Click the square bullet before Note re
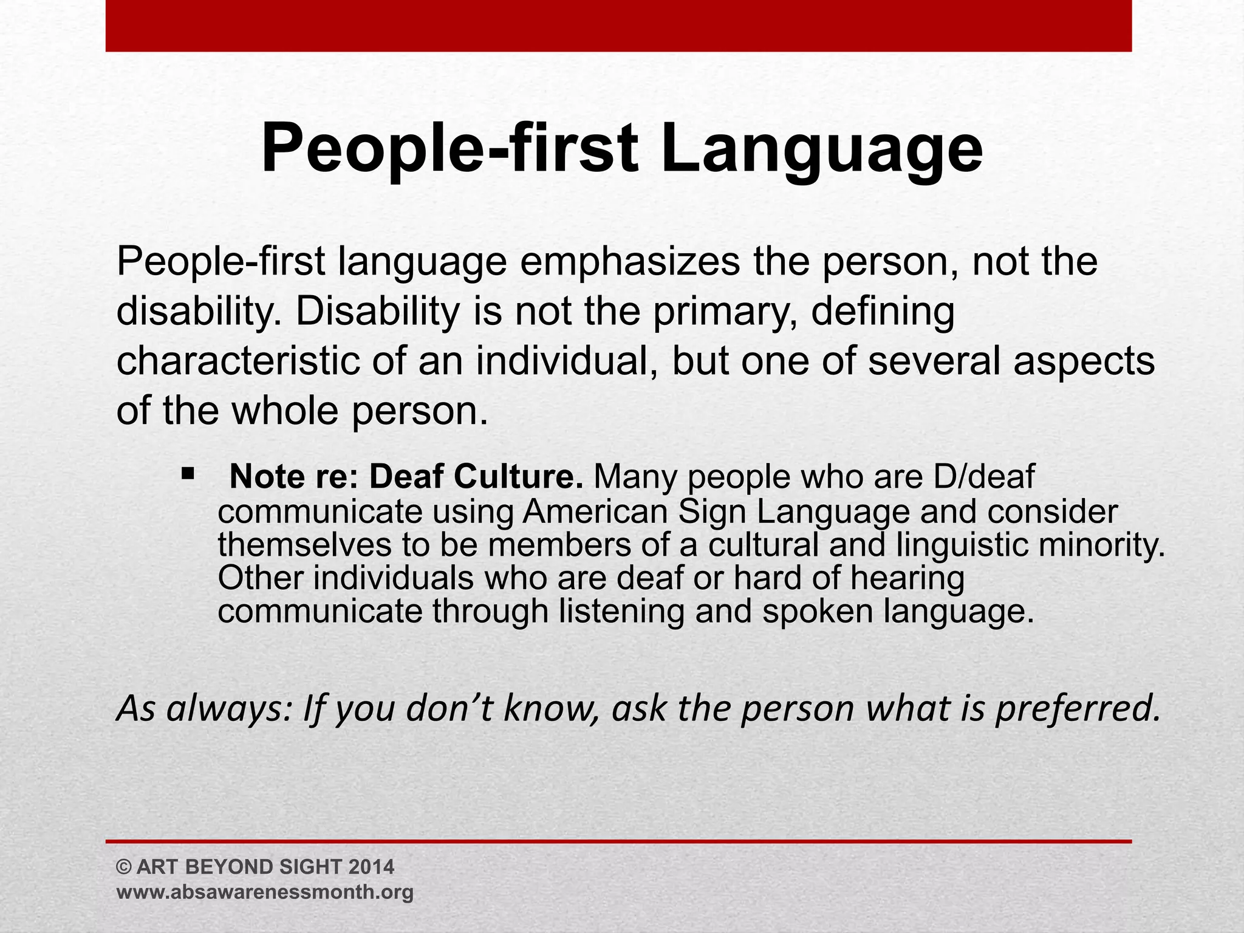point(187,472)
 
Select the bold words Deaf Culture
point(476,477)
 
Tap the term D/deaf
point(984,477)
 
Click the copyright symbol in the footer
point(123,867)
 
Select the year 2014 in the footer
point(372,867)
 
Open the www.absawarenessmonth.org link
point(265,892)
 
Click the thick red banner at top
point(618,26)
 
